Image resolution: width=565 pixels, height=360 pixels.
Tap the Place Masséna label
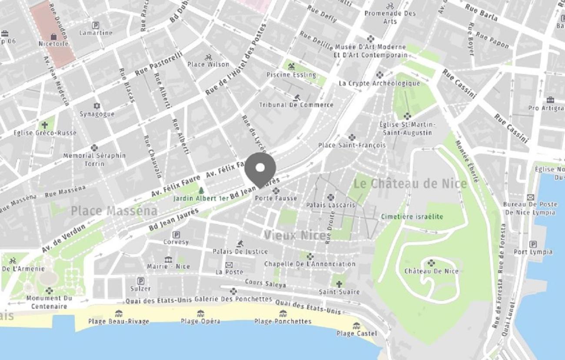tap(114, 211)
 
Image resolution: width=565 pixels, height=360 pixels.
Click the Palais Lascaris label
tap(330, 205)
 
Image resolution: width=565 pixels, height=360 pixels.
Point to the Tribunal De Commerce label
tap(296, 105)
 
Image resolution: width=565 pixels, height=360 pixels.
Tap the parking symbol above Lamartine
tap(96, 25)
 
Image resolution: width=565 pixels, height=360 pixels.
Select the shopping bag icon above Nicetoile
tap(53, 37)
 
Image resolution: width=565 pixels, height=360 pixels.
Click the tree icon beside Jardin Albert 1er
tap(201, 190)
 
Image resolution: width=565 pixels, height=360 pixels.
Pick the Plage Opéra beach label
tap(200, 321)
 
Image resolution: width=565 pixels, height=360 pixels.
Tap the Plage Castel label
tap(356, 333)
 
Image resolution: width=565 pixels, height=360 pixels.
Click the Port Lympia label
tap(533, 252)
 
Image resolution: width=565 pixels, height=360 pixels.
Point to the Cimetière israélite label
tap(412, 217)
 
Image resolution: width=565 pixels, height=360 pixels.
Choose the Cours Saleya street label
tap(265, 283)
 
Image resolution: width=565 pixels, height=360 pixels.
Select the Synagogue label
tap(96, 114)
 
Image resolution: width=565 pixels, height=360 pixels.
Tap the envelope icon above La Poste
tap(229, 264)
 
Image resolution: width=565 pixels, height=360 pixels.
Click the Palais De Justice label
tap(240, 251)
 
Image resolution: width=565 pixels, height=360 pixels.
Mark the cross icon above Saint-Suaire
tap(339, 284)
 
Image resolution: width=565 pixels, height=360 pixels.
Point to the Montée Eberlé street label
tap(467, 161)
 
